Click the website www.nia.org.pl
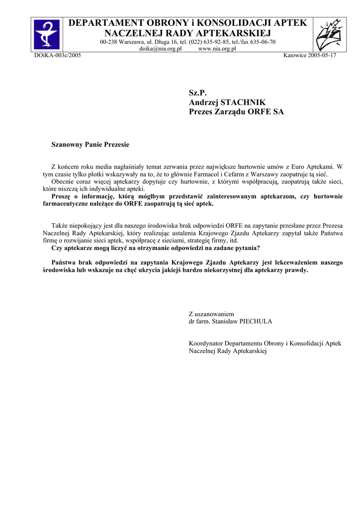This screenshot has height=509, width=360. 217,49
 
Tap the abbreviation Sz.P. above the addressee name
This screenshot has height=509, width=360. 197,92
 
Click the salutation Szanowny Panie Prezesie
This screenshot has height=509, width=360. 90,145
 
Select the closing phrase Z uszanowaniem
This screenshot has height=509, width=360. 211,314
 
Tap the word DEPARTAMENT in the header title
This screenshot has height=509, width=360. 102,23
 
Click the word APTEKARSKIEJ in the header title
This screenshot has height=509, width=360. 233,33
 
